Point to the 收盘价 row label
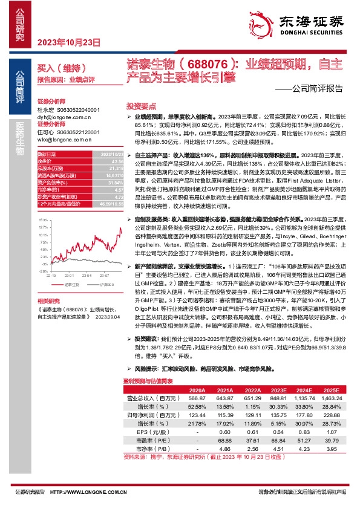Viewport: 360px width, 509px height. click(46, 161)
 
